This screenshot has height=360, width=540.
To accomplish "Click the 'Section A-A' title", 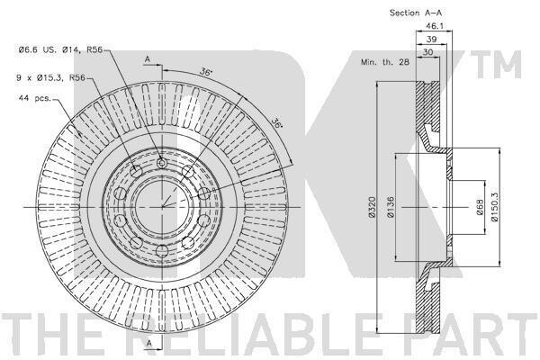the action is (x=415, y=13).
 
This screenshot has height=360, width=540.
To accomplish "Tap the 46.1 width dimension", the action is (x=435, y=26).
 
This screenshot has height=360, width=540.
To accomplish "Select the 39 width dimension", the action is (x=431, y=40).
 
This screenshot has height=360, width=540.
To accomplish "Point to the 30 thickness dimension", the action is (x=427, y=52).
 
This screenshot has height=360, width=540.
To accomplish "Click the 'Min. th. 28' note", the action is (x=385, y=62).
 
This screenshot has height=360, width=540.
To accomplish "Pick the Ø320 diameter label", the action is (x=371, y=207).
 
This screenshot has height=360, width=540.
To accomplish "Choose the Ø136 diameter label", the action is (x=391, y=207).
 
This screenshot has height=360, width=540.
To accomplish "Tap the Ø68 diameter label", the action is (x=481, y=207).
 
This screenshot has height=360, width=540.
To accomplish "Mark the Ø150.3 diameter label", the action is (x=494, y=207).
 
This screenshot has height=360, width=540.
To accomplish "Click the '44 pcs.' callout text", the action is (x=34, y=98).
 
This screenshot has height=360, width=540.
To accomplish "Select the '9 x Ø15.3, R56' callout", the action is (x=50, y=78).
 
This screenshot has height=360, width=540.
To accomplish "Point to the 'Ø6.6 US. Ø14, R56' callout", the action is (x=60, y=50).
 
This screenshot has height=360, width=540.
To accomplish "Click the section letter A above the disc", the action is (x=148, y=59).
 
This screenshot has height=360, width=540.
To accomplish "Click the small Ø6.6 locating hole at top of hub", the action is (x=161, y=163).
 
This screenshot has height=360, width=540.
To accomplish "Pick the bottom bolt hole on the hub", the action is (x=162, y=250).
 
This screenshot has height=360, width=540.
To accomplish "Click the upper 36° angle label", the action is (x=206, y=72).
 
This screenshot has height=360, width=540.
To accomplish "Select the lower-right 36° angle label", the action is (x=276, y=123).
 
